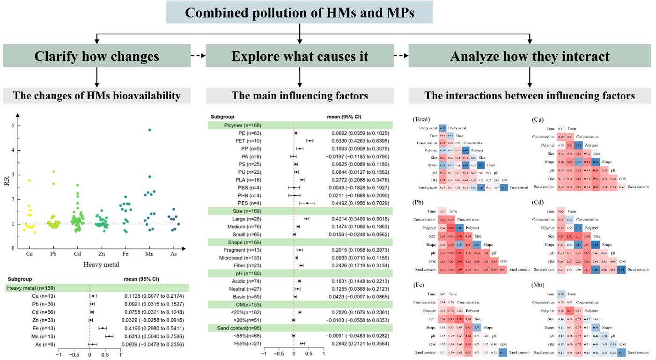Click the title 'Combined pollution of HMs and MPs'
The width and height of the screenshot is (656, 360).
click(x=299, y=13)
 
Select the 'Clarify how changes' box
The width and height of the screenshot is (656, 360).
click(x=97, y=57)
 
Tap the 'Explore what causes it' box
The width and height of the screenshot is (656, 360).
click(x=300, y=57)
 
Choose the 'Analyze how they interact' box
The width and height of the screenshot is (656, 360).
click(x=530, y=57)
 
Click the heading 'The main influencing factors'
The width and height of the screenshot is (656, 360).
click(x=300, y=96)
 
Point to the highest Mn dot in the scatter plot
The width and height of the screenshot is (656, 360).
click(x=150, y=130)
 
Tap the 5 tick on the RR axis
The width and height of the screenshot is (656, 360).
click(x=13, y=125)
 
